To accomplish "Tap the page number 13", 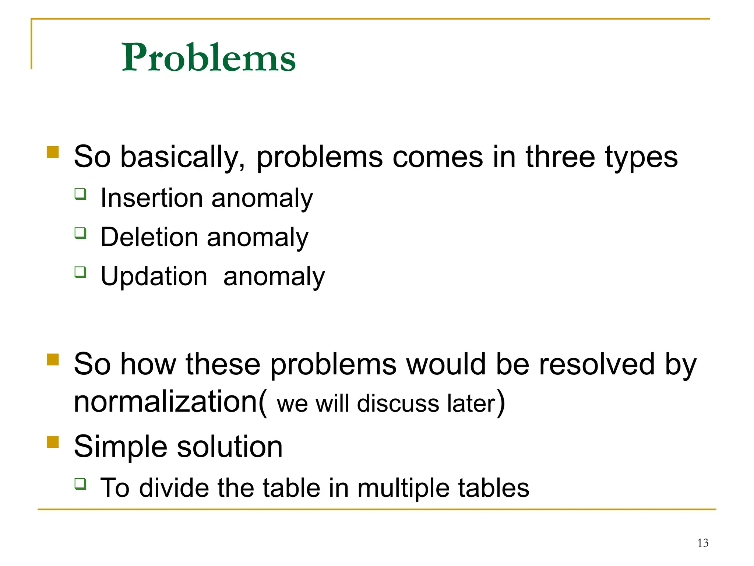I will (x=702, y=543).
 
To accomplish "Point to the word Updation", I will (x=154, y=276).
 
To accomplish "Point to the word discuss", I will (x=398, y=403).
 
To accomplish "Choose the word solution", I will (x=230, y=447).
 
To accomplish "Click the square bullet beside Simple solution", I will (x=53, y=442).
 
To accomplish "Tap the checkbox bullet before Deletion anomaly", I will (x=80, y=233).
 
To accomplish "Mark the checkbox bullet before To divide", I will (x=80, y=483).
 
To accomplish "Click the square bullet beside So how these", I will (x=53, y=359).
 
